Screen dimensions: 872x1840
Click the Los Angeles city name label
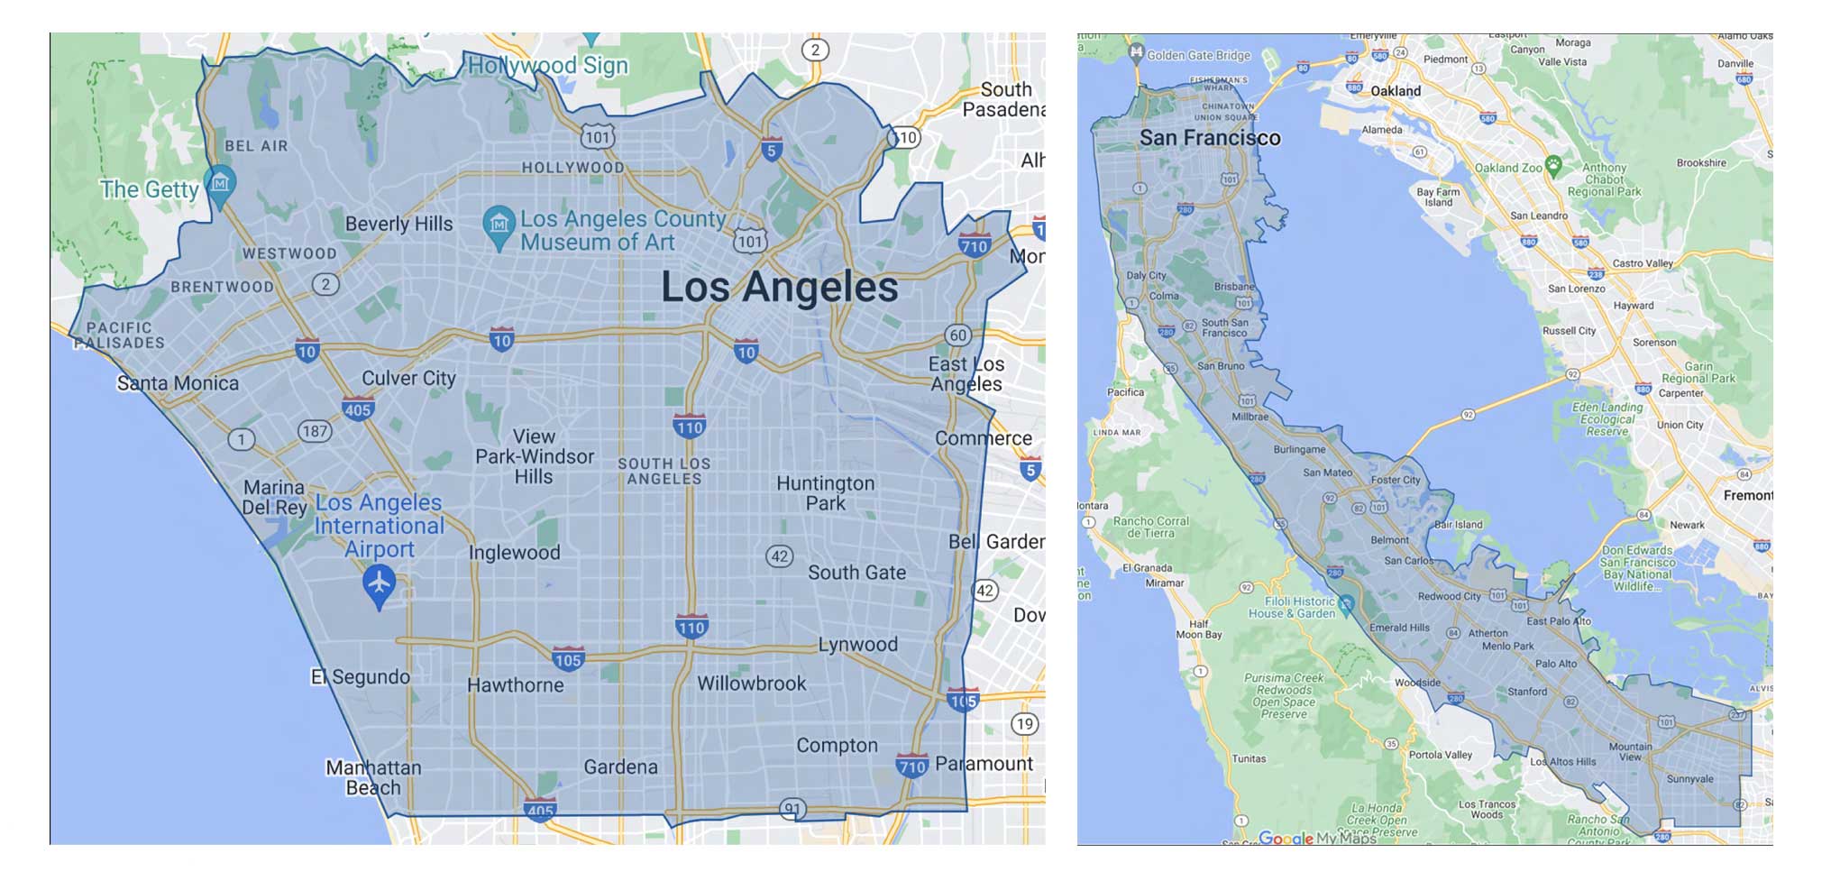(780, 287)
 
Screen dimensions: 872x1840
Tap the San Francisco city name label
(1210, 138)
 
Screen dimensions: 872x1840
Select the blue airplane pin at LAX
(380, 584)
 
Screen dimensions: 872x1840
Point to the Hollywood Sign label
(547, 65)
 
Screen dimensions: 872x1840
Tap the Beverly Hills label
(398, 224)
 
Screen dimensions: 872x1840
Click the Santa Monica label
(178, 383)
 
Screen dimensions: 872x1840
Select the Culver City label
(408, 378)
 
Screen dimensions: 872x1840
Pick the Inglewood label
(514, 553)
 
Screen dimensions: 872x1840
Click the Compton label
(837, 746)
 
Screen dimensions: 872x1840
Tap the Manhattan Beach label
(373, 777)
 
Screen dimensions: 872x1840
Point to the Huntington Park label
(825, 493)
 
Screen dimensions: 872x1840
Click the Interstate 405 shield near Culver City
(358, 409)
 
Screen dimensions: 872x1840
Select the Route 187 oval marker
(315, 431)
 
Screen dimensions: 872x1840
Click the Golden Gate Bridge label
(1198, 55)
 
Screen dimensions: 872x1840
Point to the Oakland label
(1396, 91)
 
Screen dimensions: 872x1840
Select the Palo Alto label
(1556, 664)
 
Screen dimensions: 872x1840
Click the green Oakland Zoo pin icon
(1552, 164)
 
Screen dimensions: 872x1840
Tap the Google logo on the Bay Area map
(1286, 838)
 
